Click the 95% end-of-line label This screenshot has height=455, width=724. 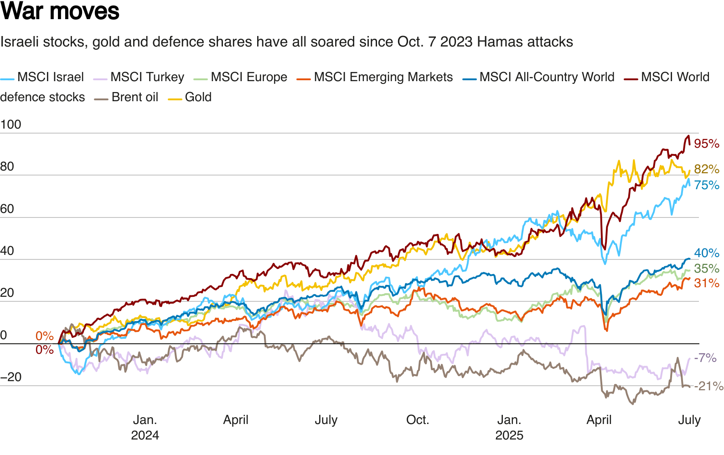(x=706, y=144)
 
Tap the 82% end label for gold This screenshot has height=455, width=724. (x=706, y=169)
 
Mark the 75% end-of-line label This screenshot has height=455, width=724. (x=706, y=185)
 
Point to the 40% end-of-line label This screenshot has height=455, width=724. (x=706, y=253)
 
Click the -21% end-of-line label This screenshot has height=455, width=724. (x=708, y=387)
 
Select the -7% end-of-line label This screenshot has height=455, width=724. (x=705, y=358)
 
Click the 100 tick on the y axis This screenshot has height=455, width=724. (x=11, y=124)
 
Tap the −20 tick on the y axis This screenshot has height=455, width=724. (x=11, y=377)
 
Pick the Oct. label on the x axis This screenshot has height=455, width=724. (x=418, y=420)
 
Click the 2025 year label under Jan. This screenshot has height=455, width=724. (x=509, y=435)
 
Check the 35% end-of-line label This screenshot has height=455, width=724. (x=706, y=269)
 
